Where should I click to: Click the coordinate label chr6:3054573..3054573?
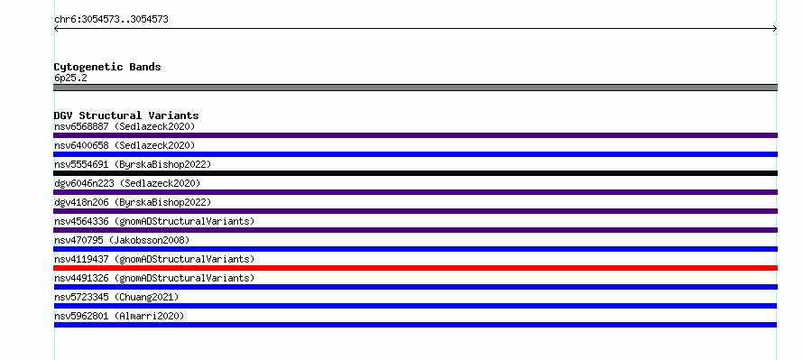pos(111,20)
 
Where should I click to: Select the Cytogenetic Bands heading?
pos(107,67)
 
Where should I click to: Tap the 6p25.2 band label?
pos(70,78)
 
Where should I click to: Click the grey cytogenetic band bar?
pos(415,88)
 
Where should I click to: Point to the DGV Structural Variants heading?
pos(126,115)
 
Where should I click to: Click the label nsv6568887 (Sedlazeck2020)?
pos(125,126)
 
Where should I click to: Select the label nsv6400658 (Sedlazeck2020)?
pos(125,145)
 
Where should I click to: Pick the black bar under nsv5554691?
pos(415,173)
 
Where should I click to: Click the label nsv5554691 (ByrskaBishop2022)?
pos(133,164)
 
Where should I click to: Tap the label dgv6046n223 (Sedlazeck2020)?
pos(127,183)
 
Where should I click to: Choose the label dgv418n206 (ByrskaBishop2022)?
pos(133,202)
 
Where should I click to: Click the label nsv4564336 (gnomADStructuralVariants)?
pos(154,221)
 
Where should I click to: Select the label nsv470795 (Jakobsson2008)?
pos(122,240)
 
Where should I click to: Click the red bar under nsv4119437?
pos(415,268)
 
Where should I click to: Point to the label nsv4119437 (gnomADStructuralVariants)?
pos(154,259)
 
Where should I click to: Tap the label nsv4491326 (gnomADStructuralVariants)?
pos(154,278)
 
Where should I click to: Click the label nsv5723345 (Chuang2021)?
pos(116,297)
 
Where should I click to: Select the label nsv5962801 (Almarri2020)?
pos(119,316)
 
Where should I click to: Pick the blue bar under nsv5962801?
pos(415,325)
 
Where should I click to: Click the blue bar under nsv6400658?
pos(415,154)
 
